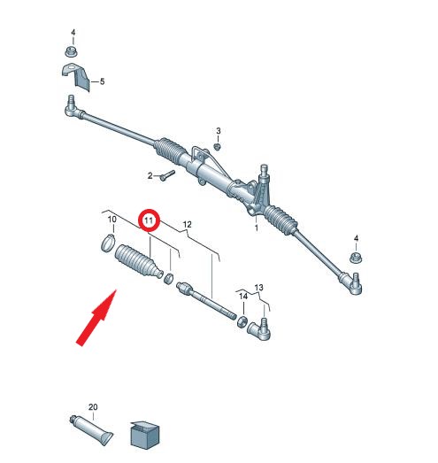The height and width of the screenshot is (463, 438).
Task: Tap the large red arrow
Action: [x=96, y=318]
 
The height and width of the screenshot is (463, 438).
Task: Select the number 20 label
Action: [x=93, y=407]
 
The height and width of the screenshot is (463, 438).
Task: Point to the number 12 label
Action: [x=187, y=225]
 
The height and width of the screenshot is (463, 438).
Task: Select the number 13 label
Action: [x=258, y=288]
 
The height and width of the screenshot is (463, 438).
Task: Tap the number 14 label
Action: [x=243, y=297]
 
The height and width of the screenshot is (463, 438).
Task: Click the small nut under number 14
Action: [x=242, y=321]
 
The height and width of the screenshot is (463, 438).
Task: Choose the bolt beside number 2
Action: [x=167, y=175]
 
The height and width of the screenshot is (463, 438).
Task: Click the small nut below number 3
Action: [x=217, y=146]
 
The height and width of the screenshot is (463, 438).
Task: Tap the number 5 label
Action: [x=102, y=81]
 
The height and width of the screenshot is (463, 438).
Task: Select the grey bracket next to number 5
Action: [x=76, y=77]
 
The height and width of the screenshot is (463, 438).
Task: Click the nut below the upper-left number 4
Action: [x=71, y=52]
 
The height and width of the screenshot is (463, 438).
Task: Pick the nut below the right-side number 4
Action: [x=357, y=259]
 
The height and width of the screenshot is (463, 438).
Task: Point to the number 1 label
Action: [x=257, y=228]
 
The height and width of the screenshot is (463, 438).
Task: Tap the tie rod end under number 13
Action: [x=260, y=329]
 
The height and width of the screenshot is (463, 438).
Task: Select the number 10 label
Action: [x=111, y=220]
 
